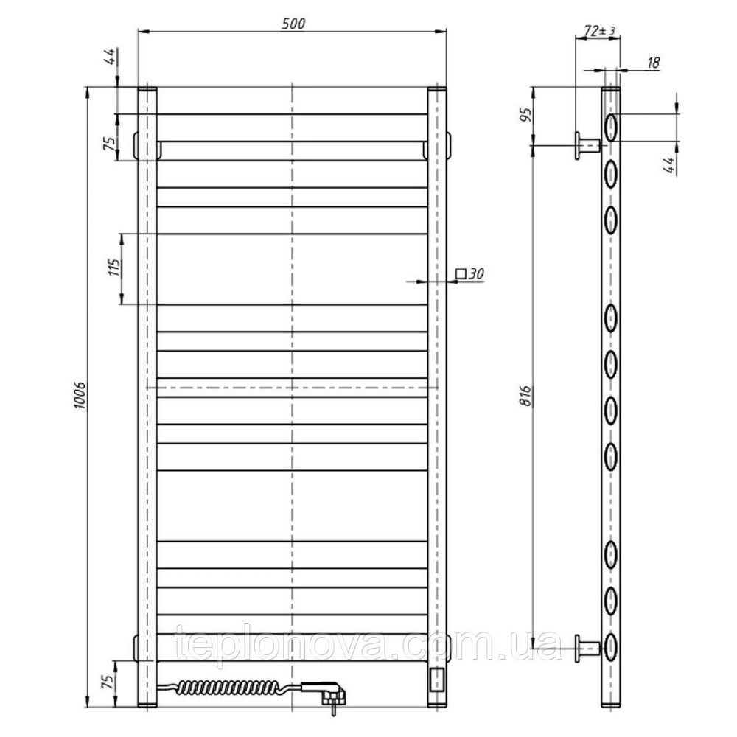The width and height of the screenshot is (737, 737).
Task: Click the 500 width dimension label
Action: (x=293, y=24)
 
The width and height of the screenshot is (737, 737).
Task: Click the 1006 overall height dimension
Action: (x=80, y=395)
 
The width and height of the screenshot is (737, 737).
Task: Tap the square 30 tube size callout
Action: (x=470, y=273)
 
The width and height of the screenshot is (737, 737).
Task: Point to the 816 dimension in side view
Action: (x=526, y=395)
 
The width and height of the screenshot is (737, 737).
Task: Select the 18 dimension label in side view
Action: (x=653, y=62)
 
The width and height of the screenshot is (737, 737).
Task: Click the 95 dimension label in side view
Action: (x=526, y=114)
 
